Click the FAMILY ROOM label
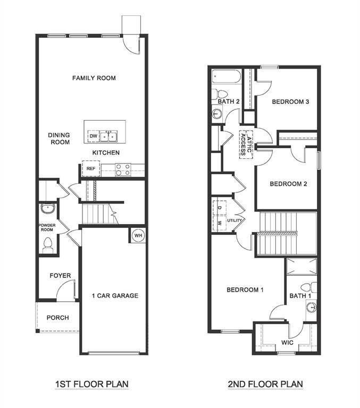94,78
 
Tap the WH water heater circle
138,235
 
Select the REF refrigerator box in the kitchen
90,169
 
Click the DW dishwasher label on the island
93,137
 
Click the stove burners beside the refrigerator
123,169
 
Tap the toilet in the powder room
47,244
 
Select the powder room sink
47,208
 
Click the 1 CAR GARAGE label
115,296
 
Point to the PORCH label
57,318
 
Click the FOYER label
60,276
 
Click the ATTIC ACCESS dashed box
245,143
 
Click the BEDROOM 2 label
288,184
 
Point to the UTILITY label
235,220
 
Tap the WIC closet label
287,343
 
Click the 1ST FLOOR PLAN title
91,384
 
